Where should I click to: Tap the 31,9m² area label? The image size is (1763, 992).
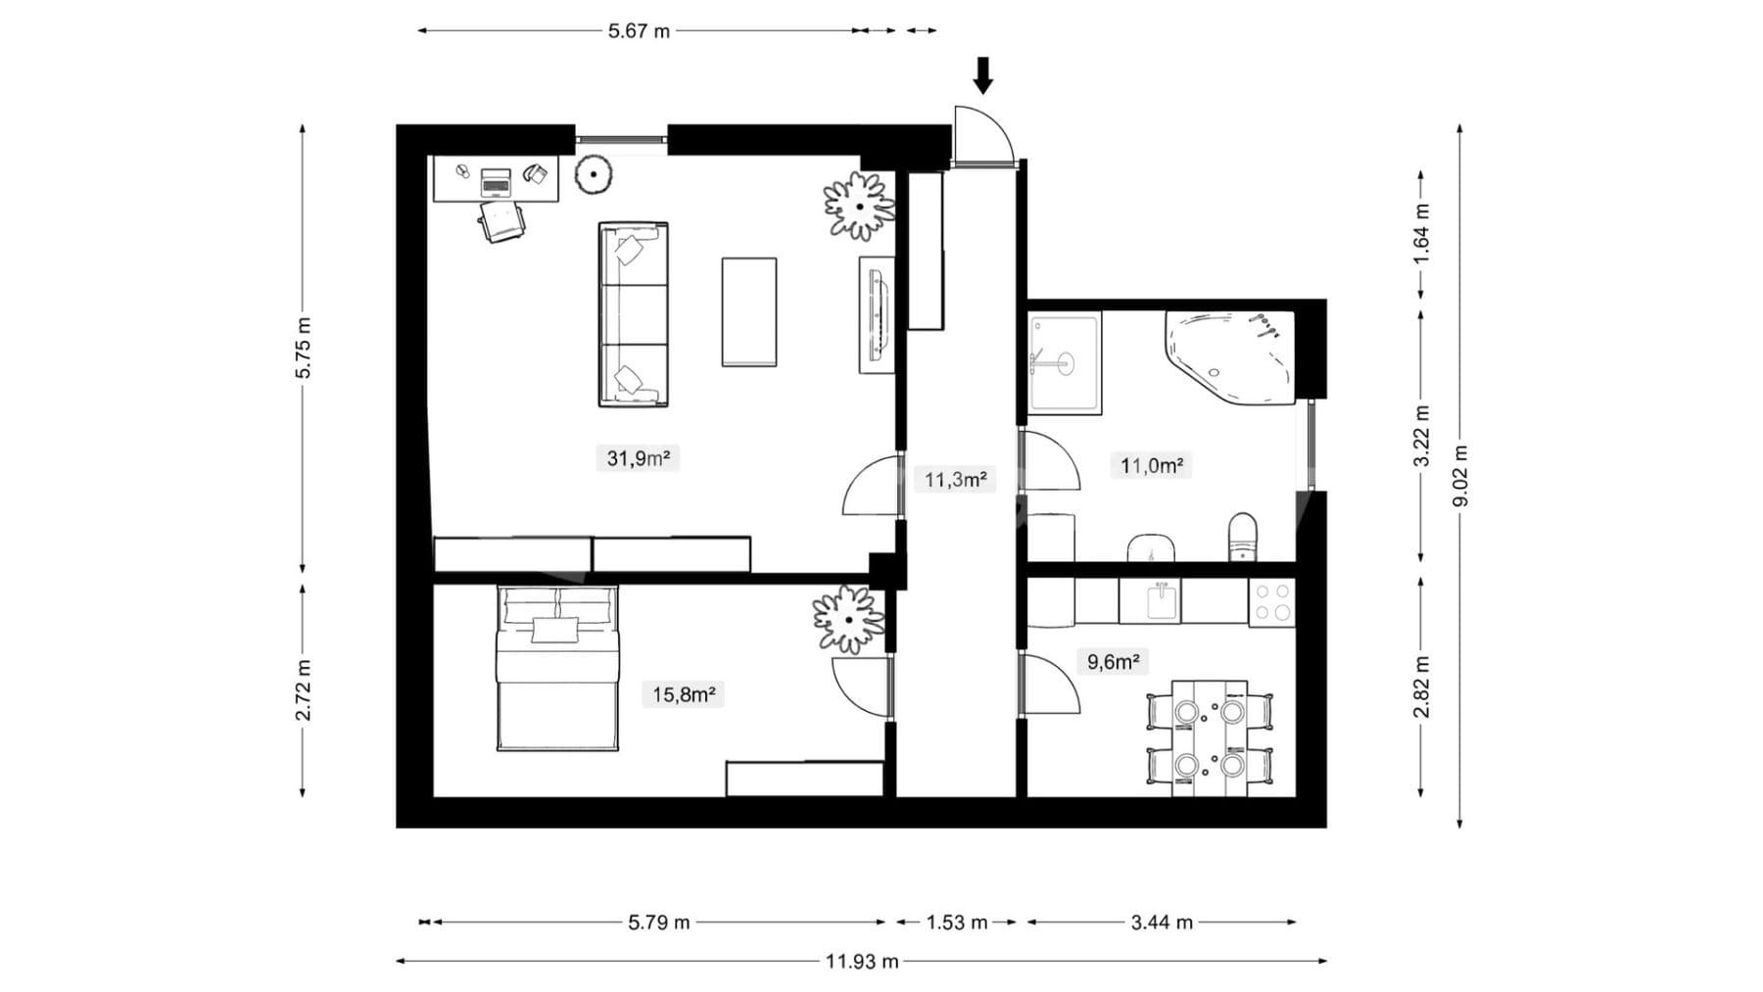(638, 457)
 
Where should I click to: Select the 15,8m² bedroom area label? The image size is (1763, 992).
(684, 694)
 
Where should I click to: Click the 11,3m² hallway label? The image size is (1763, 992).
(955, 479)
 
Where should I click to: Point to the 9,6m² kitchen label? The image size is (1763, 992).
(1114, 661)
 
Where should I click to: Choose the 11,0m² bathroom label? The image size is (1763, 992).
(1151, 465)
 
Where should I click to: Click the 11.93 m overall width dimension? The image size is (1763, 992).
(862, 961)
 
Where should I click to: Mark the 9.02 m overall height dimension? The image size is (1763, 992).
(1460, 476)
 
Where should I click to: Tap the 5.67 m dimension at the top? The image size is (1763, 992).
(639, 30)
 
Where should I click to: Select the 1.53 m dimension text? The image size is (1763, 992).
(957, 921)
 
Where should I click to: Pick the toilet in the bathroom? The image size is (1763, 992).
(1242, 537)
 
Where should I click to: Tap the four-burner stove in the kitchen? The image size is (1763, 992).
(1272, 602)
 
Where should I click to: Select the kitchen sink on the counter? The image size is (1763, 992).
(1162, 600)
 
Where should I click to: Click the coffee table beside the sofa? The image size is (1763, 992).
(749, 311)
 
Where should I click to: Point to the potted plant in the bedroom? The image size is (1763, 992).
(848, 619)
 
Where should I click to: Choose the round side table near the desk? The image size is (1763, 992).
(594, 175)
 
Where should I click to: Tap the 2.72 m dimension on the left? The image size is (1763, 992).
(304, 689)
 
